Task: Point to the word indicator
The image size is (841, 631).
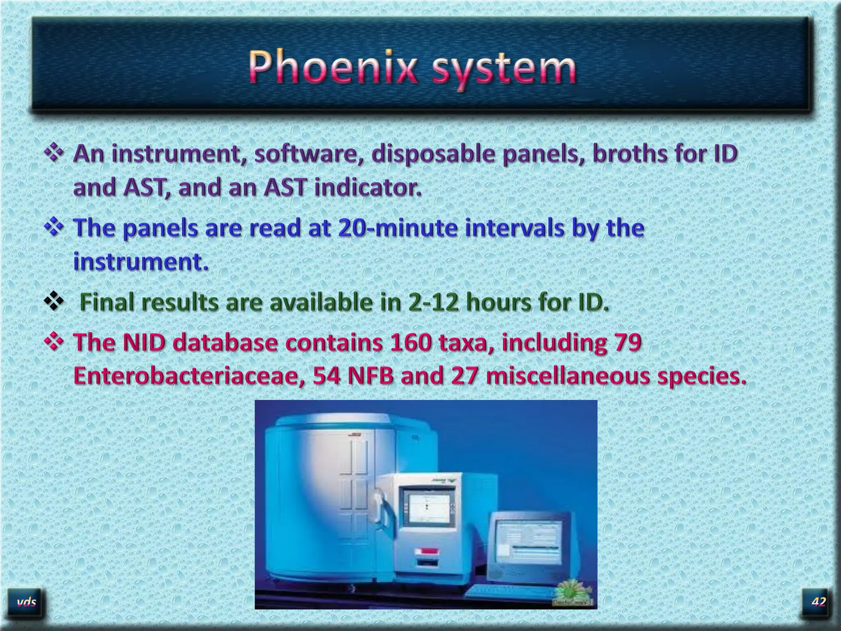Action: click(368, 188)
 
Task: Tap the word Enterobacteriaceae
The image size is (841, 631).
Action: click(189, 376)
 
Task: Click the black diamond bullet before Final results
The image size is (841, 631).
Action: click(54, 303)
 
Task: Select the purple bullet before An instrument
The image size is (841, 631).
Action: click(54, 154)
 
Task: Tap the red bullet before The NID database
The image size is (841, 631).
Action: click(54, 342)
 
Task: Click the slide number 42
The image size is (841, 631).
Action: click(818, 602)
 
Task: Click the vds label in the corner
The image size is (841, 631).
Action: click(27, 602)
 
